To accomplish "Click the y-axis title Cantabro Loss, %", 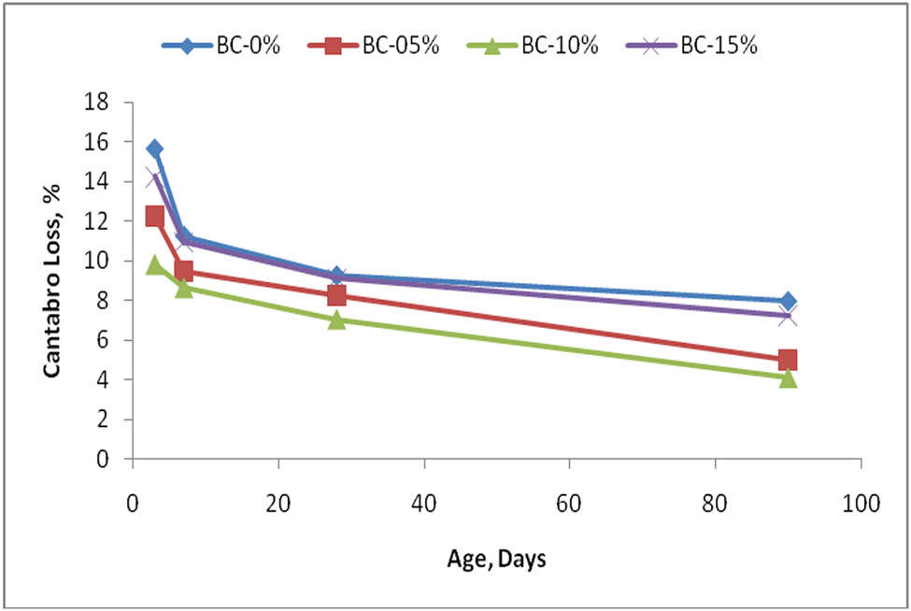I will tap(55, 280).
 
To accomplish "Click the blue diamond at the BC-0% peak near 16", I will tap(155, 149).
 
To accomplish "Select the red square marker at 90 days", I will tap(788, 360).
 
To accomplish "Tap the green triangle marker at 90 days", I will tap(788, 377).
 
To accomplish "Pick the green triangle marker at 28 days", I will tap(337, 320).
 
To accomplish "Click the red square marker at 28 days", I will tap(337, 296).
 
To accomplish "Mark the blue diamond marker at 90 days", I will tap(788, 301).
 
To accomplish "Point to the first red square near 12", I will tap(155, 217).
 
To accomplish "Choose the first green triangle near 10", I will tap(155, 265).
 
